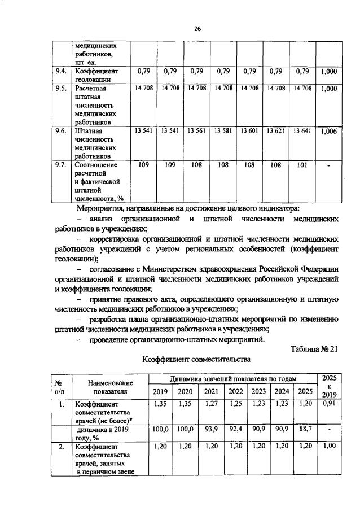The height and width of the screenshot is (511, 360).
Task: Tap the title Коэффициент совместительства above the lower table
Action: pos(196,359)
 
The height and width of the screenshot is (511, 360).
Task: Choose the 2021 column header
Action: pos(211,392)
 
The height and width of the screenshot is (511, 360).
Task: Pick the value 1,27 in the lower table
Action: pos(211,404)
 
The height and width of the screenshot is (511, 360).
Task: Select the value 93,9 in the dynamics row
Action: pos(211,430)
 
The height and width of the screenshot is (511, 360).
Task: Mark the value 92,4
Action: pos(236,430)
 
